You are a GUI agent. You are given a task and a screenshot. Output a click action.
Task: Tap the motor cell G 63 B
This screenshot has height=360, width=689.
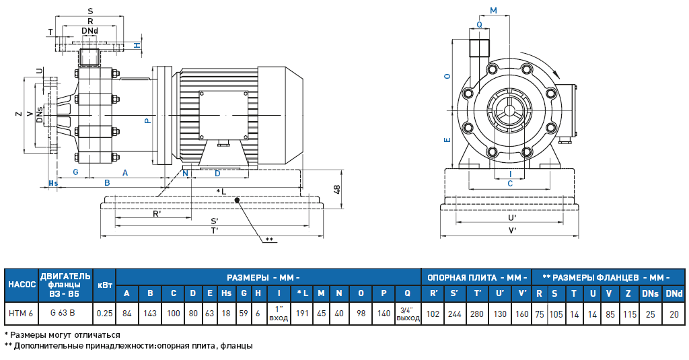click(x=65, y=313)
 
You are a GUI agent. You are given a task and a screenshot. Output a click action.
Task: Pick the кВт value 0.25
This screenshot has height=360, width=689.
click(x=104, y=313)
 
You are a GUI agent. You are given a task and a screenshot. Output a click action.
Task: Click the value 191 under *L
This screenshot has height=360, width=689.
click(x=303, y=313)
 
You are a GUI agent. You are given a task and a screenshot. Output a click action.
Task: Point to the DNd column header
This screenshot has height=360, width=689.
click(x=674, y=293)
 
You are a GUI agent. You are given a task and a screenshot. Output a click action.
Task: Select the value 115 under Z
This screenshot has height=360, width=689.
click(x=628, y=313)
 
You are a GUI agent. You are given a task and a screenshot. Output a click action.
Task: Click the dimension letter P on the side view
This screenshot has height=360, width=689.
click(x=147, y=120)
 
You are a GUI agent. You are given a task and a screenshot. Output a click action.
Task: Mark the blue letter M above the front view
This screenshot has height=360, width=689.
click(x=493, y=11)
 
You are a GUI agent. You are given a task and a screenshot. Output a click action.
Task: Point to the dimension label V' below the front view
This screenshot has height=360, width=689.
click(x=512, y=231)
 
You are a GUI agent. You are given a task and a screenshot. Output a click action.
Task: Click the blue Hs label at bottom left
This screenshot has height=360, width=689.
click(x=54, y=183)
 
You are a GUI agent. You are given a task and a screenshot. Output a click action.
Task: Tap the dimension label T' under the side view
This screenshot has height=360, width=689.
click(x=214, y=230)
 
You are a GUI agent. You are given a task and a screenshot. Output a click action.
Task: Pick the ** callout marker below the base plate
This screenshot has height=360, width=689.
click(x=268, y=240)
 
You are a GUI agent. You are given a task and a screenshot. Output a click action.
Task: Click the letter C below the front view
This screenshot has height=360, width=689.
click(x=510, y=182)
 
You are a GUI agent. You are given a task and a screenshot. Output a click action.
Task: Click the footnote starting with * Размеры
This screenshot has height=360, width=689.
click(x=63, y=334)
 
